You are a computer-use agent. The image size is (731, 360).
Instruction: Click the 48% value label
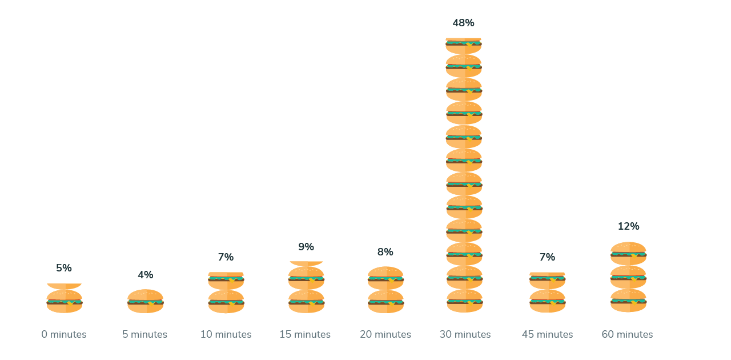tap(463, 23)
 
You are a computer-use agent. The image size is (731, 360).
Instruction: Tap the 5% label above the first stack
tap(64, 267)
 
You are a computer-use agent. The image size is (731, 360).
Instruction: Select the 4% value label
tap(145, 275)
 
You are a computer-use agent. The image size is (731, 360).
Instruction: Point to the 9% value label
tap(306, 247)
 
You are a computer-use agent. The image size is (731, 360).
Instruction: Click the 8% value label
tap(385, 252)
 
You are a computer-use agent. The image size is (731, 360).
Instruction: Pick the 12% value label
tap(628, 226)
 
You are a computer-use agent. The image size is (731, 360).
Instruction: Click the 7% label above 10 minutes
tap(226, 257)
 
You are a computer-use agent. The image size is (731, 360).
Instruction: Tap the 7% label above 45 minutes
tap(547, 257)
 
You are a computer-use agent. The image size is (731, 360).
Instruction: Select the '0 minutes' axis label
tap(64, 334)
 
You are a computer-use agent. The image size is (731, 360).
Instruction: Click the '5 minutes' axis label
tap(145, 334)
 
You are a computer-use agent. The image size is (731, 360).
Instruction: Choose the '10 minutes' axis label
tap(226, 334)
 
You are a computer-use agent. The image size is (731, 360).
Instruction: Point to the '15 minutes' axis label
tap(305, 334)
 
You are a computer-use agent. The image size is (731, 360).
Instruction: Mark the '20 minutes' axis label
tap(385, 334)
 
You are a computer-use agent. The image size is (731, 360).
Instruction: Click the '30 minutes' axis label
tap(465, 334)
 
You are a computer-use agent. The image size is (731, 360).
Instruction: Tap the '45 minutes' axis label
tap(547, 334)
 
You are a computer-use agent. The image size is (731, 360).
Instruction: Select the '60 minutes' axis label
tap(627, 334)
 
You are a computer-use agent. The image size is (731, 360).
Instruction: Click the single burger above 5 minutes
tap(145, 301)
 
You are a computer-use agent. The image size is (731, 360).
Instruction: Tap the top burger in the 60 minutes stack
tap(628, 253)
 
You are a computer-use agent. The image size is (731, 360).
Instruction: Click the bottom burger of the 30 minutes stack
tap(464, 301)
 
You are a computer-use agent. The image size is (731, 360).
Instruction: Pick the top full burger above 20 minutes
tap(385, 278)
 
